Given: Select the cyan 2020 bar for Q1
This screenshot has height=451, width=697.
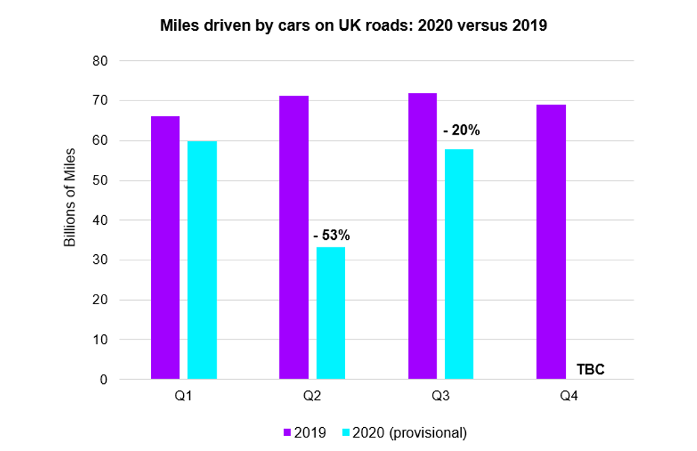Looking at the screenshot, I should point(202,260).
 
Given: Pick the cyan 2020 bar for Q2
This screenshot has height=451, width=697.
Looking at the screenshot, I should point(331,313).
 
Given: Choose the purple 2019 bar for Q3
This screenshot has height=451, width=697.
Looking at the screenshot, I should point(422,236).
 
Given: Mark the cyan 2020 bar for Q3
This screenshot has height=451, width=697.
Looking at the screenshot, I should point(459,264).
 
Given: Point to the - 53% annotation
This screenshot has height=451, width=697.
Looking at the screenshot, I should point(331,235).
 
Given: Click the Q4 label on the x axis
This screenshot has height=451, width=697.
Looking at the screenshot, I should point(569,396).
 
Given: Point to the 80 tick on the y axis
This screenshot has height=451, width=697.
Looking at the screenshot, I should point(100,61).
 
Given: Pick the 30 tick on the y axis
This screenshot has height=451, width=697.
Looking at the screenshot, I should point(100,260).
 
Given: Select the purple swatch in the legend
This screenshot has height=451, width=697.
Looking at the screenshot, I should point(288,433).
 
